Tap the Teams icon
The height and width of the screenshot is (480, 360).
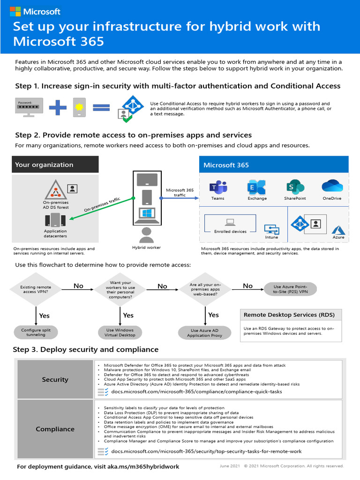[x=217, y=187]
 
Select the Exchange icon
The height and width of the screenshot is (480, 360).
[x=257, y=187]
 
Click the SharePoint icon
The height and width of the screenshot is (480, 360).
[x=295, y=187]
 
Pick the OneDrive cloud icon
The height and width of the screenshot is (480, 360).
[x=332, y=186]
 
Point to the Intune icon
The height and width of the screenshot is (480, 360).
[x=271, y=229]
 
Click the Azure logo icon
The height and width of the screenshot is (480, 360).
[x=338, y=229]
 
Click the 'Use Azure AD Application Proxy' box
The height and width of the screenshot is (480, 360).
[x=204, y=333]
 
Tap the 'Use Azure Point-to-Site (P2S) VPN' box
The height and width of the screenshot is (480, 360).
[x=290, y=289]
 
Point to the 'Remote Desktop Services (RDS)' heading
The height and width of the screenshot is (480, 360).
[x=291, y=314]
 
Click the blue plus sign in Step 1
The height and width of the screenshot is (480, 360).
[x=58, y=107]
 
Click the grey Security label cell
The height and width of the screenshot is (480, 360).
[x=55, y=379]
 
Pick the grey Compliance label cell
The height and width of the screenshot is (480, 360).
[x=55, y=429]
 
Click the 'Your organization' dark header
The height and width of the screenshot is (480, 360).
[x=55, y=165]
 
